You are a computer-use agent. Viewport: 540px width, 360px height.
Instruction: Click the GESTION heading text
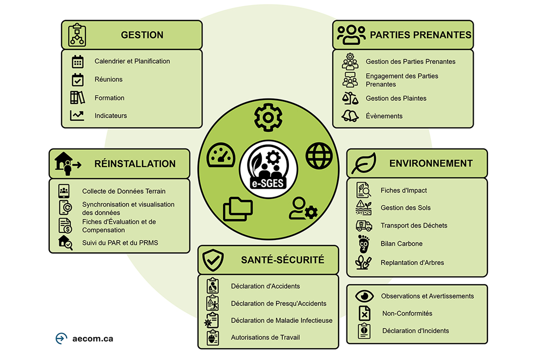[x=142, y=35]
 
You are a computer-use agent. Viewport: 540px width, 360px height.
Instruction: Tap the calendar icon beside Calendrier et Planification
[x=77, y=61]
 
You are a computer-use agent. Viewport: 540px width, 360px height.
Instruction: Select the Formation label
[x=109, y=98]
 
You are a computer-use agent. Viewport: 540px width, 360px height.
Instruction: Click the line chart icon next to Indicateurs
[x=77, y=115]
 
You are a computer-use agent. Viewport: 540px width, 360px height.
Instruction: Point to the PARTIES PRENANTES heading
[x=420, y=35]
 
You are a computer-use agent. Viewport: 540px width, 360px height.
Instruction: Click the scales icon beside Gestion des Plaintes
[x=350, y=98]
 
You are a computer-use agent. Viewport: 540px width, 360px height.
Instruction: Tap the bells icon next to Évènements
[x=350, y=116]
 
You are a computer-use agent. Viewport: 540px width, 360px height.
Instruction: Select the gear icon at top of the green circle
[x=268, y=117]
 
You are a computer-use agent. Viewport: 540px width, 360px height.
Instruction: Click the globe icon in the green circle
[x=319, y=155]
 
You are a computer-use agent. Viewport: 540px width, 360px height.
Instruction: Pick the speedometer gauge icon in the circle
[x=221, y=155]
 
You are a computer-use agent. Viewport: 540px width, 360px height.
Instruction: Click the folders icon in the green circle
[x=237, y=209]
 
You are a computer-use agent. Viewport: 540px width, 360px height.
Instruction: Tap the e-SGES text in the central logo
[x=268, y=183]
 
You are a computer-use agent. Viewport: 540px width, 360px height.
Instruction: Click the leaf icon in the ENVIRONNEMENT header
[x=363, y=163]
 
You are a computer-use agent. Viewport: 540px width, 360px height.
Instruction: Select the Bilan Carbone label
[x=401, y=243]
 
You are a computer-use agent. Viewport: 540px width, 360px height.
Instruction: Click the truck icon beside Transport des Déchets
[x=364, y=225]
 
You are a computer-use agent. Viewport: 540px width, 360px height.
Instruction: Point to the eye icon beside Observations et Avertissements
[x=364, y=296]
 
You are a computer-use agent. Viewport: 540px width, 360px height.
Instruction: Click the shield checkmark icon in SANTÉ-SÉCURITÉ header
[x=213, y=260]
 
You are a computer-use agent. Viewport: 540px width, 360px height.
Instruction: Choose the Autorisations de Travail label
[x=265, y=337]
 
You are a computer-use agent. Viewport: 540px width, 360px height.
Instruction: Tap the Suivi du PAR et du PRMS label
[x=120, y=243]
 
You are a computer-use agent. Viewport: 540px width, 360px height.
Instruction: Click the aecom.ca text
[x=92, y=338]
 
